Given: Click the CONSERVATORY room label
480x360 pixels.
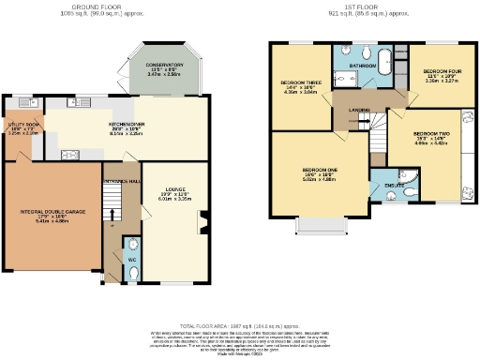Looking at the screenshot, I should coord(164,65).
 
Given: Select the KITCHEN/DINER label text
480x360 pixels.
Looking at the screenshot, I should coord(125,124).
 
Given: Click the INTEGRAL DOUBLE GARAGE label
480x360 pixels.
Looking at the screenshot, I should coord(53,212).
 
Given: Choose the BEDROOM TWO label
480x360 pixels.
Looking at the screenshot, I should coord(433,133).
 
